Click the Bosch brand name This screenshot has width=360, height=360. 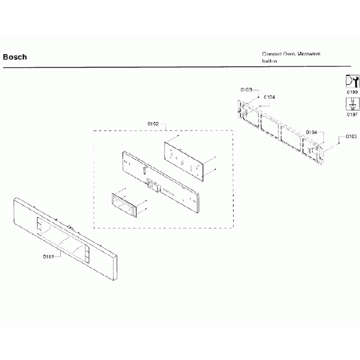(x=15, y=57)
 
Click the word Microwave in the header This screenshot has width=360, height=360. (x=309, y=54)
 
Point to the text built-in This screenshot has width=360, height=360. (x=270, y=61)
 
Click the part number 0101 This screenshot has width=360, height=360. (x=48, y=256)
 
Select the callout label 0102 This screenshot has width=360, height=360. (x=153, y=124)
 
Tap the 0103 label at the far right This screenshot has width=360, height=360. (x=351, y=136)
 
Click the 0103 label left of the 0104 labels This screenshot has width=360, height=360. (x=246, y=90)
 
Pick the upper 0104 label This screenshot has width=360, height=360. (x=270, y=97)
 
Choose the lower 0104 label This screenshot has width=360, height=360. (x=312, y=132)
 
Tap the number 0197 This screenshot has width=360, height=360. (x=351, y=115)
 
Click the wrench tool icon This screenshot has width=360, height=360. (x=351, y=80)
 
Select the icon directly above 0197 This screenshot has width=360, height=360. (x=351, y=104)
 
